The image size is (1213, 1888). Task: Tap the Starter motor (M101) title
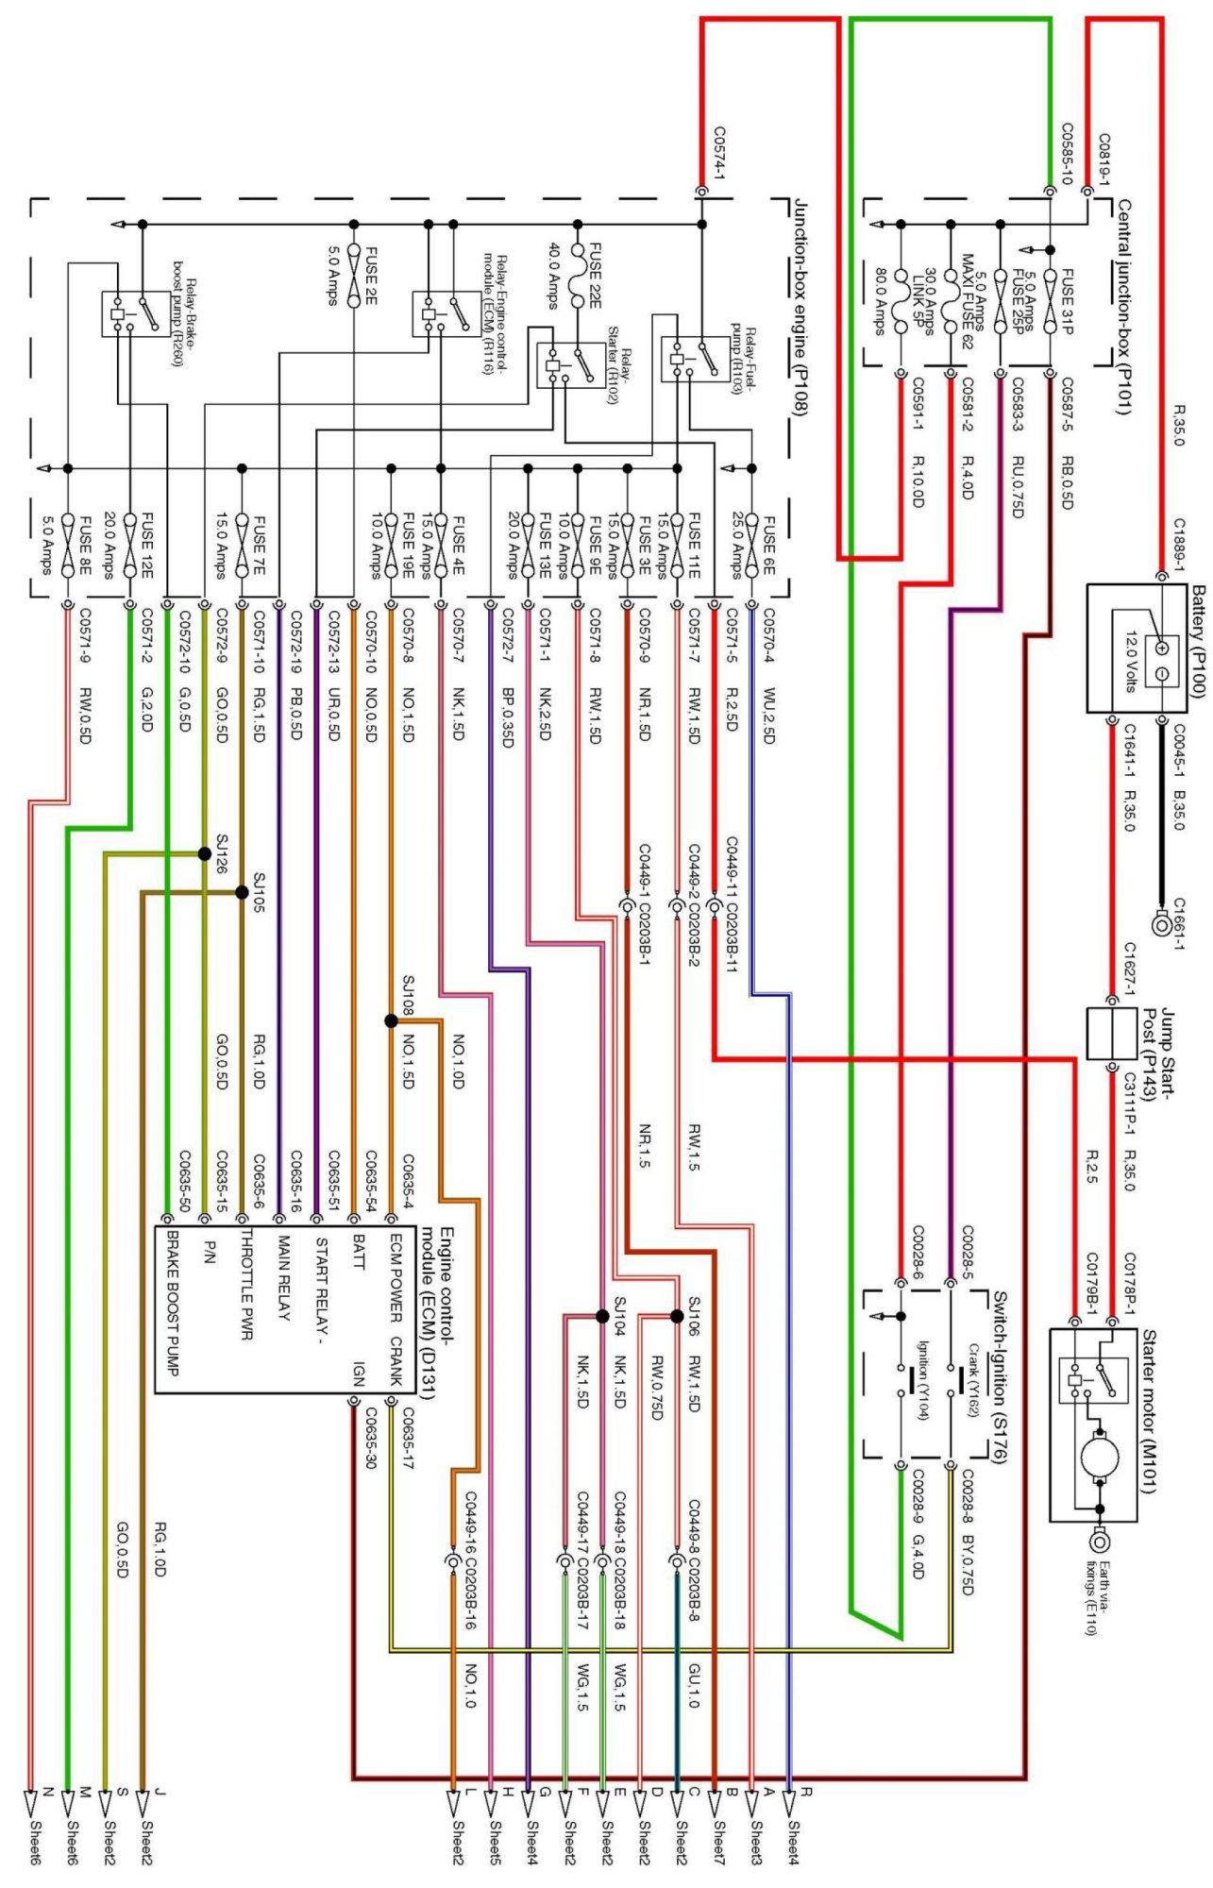(x=1149, y=1412)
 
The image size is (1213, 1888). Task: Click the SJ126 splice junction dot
(x=204, y=853)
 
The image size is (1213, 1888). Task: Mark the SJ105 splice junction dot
(x=242, y=892)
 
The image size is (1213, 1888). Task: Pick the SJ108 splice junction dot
(x=391, y=1020)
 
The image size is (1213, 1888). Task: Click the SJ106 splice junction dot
(x=677, y=1316)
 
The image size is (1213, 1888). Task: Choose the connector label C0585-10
(x=1068, y=153)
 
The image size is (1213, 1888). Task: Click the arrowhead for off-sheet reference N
(x=30, y=1804)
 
